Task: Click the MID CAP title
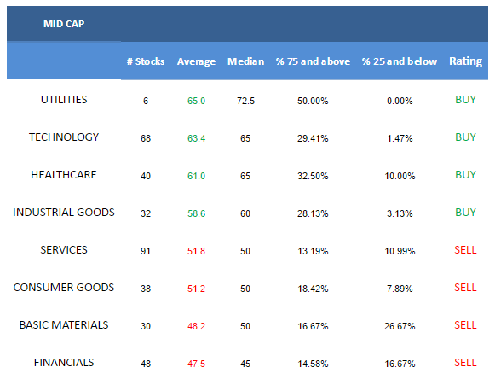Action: [64, 24]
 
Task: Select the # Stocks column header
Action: [146, 61]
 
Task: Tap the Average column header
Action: [196, 61]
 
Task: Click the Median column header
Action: [246, 61]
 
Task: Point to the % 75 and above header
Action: [313, 61]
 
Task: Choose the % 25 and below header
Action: [400, 61]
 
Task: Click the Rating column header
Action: [466, 61]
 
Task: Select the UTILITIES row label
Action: [64, 100]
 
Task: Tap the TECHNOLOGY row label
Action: [64, 137]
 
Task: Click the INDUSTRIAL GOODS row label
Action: [64, 213]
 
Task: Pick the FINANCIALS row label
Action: [64, 363]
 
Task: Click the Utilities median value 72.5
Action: [246, 101]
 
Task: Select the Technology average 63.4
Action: [196, 138]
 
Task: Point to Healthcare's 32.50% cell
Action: [313, 176]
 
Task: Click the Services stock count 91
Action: [146, 251]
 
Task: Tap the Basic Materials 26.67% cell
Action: [400, 326]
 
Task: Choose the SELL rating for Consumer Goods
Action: [465, 288]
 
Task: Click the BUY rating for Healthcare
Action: [465, 175]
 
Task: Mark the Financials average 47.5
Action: [196, 364]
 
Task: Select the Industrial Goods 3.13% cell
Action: [400, 213]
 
